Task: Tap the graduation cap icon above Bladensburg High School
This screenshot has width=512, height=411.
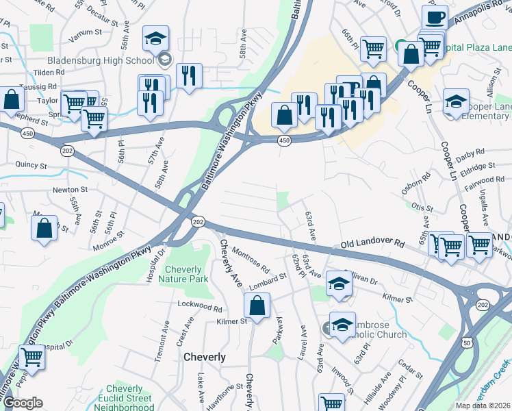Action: [x=156, y=38]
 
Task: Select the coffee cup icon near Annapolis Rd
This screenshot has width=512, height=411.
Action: [x=434, y=16]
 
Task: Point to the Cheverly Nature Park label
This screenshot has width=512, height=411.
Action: [x=183, y=274]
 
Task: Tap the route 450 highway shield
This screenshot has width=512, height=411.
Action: [x=284, y=140]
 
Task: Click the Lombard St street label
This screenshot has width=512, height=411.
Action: [x=268, y=279]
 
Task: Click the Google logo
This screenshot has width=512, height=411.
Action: [x=23, y=403]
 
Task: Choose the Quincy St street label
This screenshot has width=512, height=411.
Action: [x=32, y=166]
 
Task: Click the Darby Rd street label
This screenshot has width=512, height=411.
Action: [x=470, y=151]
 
